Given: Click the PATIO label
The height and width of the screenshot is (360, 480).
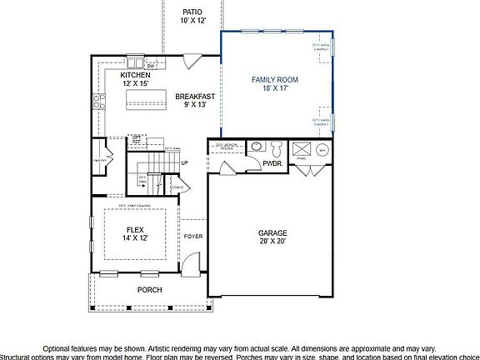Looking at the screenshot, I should (192, 12).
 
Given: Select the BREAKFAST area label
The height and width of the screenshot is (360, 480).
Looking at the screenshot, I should (195, 97).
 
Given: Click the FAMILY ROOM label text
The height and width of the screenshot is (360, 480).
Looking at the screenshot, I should (275, 80).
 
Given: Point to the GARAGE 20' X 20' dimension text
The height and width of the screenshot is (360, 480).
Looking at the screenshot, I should (272, 241).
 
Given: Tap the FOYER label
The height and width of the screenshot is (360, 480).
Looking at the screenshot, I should (193, 237).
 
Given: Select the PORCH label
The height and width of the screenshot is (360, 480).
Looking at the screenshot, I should (149, 290).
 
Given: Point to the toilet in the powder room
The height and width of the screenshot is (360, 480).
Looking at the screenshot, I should (277, 149).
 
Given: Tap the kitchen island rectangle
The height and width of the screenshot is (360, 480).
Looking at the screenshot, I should (142, 101).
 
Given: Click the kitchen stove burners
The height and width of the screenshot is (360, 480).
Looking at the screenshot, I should (99, 102).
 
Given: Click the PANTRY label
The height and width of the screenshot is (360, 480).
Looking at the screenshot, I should (98, 158).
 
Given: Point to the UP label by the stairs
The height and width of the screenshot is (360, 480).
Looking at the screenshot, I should (185, 162).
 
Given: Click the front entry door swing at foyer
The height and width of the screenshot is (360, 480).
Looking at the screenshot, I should (191, 266).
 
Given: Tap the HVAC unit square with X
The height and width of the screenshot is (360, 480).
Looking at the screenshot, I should (301, 150).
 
